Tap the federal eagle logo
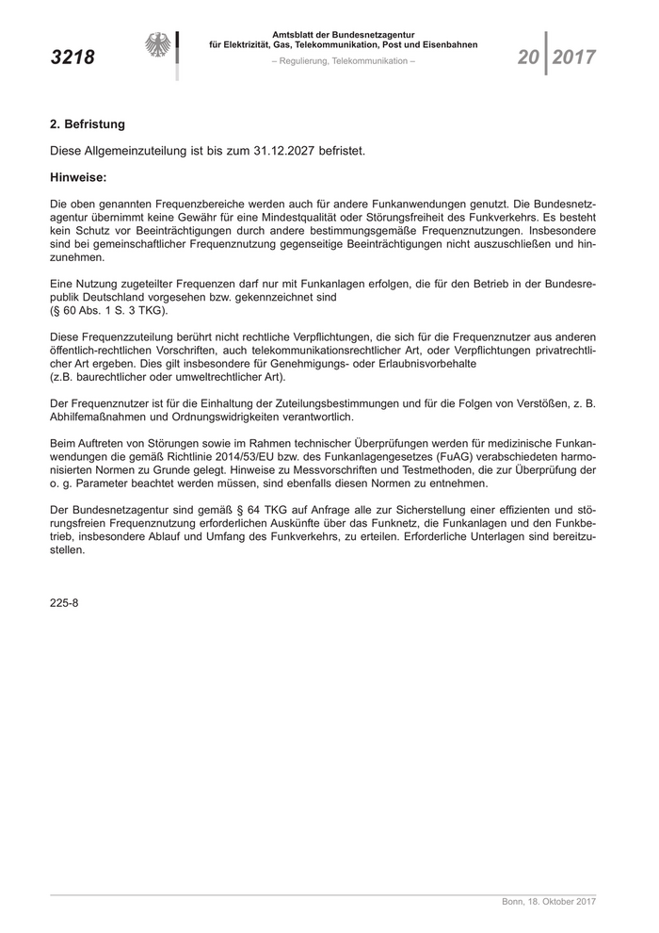pyautogui.click(x=159, y=46)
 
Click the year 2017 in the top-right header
pyautogui.click(x=574, y=57)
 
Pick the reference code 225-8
pyautogui.click(x=64, y=603)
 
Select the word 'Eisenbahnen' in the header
pyautogui.click(x=450, y=44)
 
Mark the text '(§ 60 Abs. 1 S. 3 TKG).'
pyautogui.click(x=107, y=309)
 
